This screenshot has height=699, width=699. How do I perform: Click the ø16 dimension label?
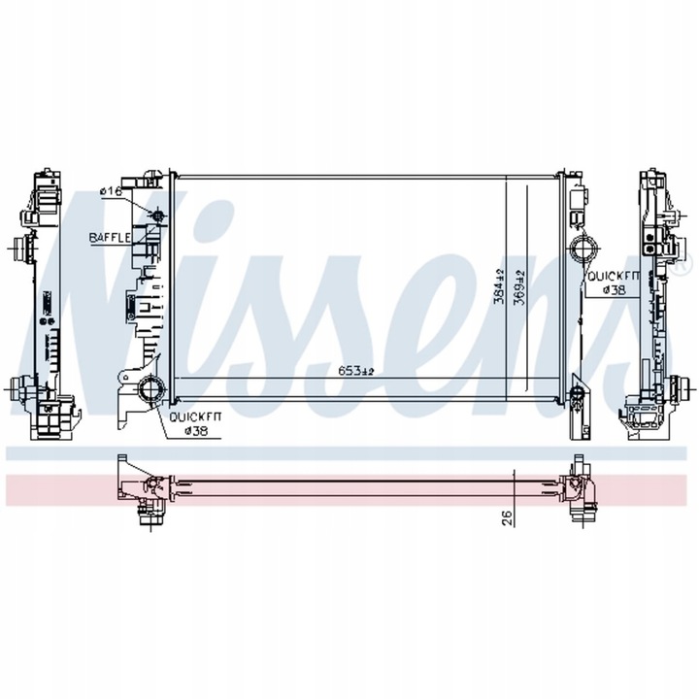112,192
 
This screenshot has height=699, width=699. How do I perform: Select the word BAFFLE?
111,237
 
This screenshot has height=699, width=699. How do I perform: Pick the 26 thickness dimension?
507,518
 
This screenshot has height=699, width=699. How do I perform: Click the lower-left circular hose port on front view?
151,391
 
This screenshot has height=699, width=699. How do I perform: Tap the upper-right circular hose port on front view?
584,250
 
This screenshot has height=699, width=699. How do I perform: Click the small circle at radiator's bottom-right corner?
575,393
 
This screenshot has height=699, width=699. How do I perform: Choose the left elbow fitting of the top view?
146,494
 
